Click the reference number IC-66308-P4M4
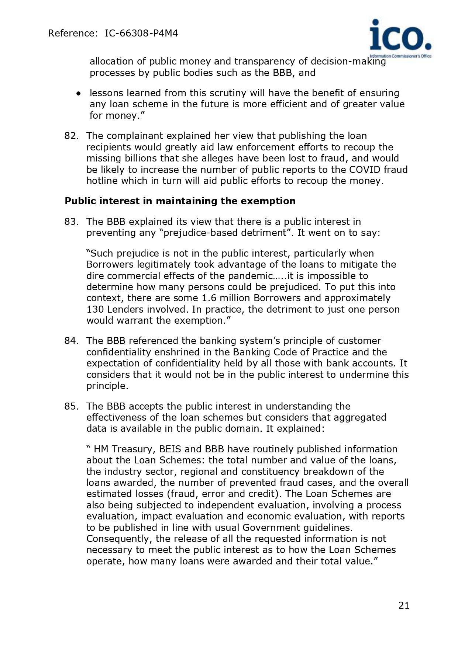(x=141, y=34)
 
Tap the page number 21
(x=404, y=605)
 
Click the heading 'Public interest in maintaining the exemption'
(x=180, y=201)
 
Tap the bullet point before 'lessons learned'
(x=79, y=94)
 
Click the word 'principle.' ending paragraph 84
(x=107, y=386)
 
